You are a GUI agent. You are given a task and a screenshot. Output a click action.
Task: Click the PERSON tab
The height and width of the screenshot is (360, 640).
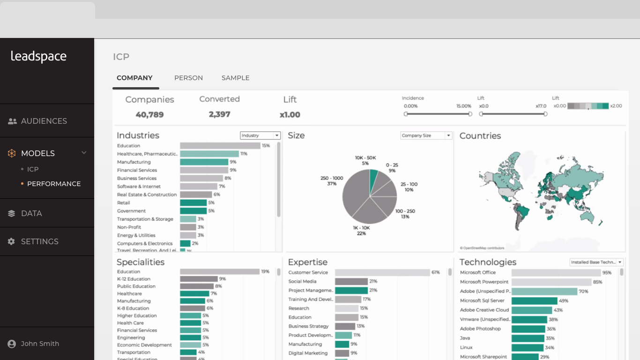pyautogui.click(x=188, y=78)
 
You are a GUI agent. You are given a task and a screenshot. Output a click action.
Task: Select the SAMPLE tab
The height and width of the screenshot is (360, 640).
pyautogui.click(x=235, y=78)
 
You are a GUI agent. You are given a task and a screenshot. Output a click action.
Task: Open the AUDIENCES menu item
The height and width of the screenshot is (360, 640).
pyautogui.click(x=44, y=121)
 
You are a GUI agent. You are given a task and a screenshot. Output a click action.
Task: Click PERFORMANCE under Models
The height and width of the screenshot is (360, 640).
pyautogui.click(x=54, y=184)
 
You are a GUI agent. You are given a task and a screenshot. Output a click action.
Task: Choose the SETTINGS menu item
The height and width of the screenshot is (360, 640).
pyautogui.click(x=40, y=241)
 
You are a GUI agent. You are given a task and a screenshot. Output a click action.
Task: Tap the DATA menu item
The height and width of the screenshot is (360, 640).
pyautogui.click(x=31, y=213)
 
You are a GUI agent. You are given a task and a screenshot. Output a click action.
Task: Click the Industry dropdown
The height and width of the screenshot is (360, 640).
pyautogui.click(x=260, y=135)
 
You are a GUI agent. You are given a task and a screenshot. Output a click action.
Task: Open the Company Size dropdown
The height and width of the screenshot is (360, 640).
pyautogui.click(x=426, y=135)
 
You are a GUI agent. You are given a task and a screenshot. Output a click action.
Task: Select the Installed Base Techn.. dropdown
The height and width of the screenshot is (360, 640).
pyautogui.click(x=596, y=262)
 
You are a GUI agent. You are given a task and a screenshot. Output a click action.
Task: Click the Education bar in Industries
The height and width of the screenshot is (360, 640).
pyautogui.click(x=220, y=146)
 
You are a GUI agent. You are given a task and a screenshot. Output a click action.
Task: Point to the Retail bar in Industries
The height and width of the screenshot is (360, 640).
pyautogui.click(x=193, y=203)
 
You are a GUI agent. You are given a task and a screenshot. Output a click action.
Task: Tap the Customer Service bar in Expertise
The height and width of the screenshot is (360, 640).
pyautogui.click(x=382, y=272)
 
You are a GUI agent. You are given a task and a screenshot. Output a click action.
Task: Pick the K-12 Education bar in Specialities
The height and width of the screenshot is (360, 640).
pyautogui.click(x=199, y=279)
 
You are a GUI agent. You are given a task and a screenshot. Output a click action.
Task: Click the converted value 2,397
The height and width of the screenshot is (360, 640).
pyautogui.click(x=219, y=114)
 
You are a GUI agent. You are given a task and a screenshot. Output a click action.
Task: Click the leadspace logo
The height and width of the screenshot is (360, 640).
pyautogui.click(x=38, y=57)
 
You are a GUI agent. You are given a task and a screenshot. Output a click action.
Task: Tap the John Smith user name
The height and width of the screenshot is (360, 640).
pyautogui.click(x=40, y=344)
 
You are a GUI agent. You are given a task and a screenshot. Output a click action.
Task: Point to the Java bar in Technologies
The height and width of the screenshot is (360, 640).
pyautogui.click(x=528, y=338)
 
